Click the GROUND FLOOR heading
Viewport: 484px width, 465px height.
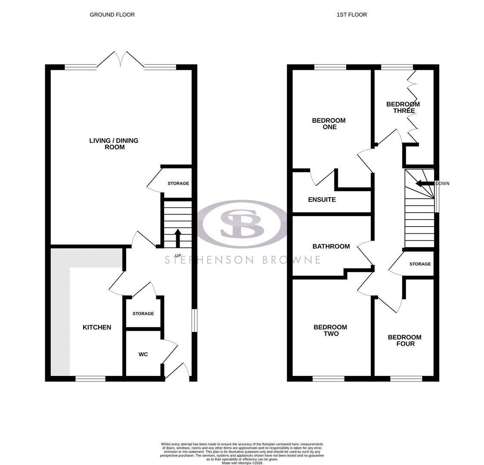pyautogui.click(x=112, y=15)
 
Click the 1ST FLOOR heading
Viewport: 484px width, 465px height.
pyautogui.click(x=351, y=15)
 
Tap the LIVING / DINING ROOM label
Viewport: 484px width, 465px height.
pyautogui.click(x=114, y=144)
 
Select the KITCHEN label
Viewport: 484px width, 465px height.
pyautogui.click(x=97, y=327)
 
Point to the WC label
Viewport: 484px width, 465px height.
pyautogui.click(x=143, y=354)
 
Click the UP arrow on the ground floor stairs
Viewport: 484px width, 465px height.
pyautogui.click(x=178, y=238)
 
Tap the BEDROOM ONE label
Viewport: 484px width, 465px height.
pyautogui.click(x=329, y=124)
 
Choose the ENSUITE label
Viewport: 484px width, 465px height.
pyautogui.click(x=322, y=200)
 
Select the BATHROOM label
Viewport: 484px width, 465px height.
pyautogui.click(x=331, y=246)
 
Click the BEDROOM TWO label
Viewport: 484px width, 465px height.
pyautogui.click(x=330, y=330)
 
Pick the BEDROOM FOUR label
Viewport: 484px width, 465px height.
pyautogui.click(x=404, y=340)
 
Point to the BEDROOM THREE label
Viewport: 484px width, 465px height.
pyautogui.click(x=403, y=107)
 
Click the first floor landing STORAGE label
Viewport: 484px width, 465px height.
pyautogui.click(x=420, y=264)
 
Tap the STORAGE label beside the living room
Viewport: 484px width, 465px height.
pyautogui.click(x=178, y=183)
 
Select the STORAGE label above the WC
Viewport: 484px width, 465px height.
pyautogui.click(x=143, y=313)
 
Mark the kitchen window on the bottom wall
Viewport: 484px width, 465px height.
pyautogui.click(x=90, y=378)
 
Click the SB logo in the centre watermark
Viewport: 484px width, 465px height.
pyautogui.click(x=242, y=223)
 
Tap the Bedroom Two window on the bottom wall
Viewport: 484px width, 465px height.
pyautogui.click(x=328, y=378)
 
